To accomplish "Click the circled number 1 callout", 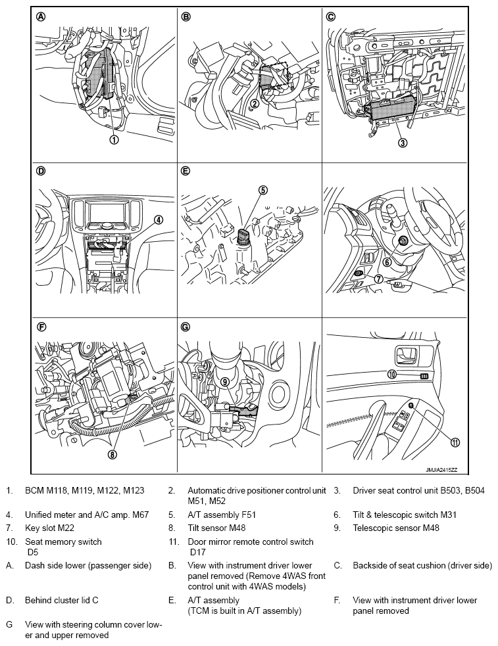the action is [114, 140].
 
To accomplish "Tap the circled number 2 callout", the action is [255, 103].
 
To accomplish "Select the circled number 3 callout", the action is [403, 143].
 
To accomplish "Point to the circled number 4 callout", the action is [159, 220].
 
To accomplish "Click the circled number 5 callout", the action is [262, 190].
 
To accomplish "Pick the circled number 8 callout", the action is [112, 454].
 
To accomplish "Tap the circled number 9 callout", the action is [225, 382].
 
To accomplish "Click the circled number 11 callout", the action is [455, 442].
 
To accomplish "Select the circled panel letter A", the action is [41, 17].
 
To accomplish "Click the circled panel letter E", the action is [186, 172].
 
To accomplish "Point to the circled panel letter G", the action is [186, 327].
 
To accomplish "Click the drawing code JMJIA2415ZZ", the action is [441, 470].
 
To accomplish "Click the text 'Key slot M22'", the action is [49, 528].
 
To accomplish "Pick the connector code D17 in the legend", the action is [197, 552].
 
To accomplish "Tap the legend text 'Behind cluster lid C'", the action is [62, 600].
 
